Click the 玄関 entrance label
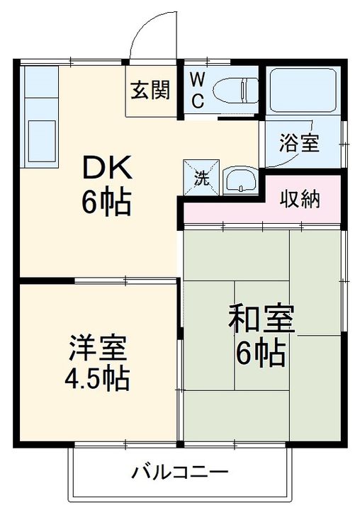150,90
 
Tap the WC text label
197,91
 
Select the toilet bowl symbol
235,90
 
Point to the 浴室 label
299,143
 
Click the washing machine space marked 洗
201,177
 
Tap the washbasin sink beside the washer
240,180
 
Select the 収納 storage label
300,198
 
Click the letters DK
108,167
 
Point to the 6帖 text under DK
107,203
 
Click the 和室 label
261,319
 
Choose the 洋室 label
98,348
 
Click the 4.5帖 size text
97,379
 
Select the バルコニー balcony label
180,472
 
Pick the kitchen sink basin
42,141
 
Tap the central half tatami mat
261,336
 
